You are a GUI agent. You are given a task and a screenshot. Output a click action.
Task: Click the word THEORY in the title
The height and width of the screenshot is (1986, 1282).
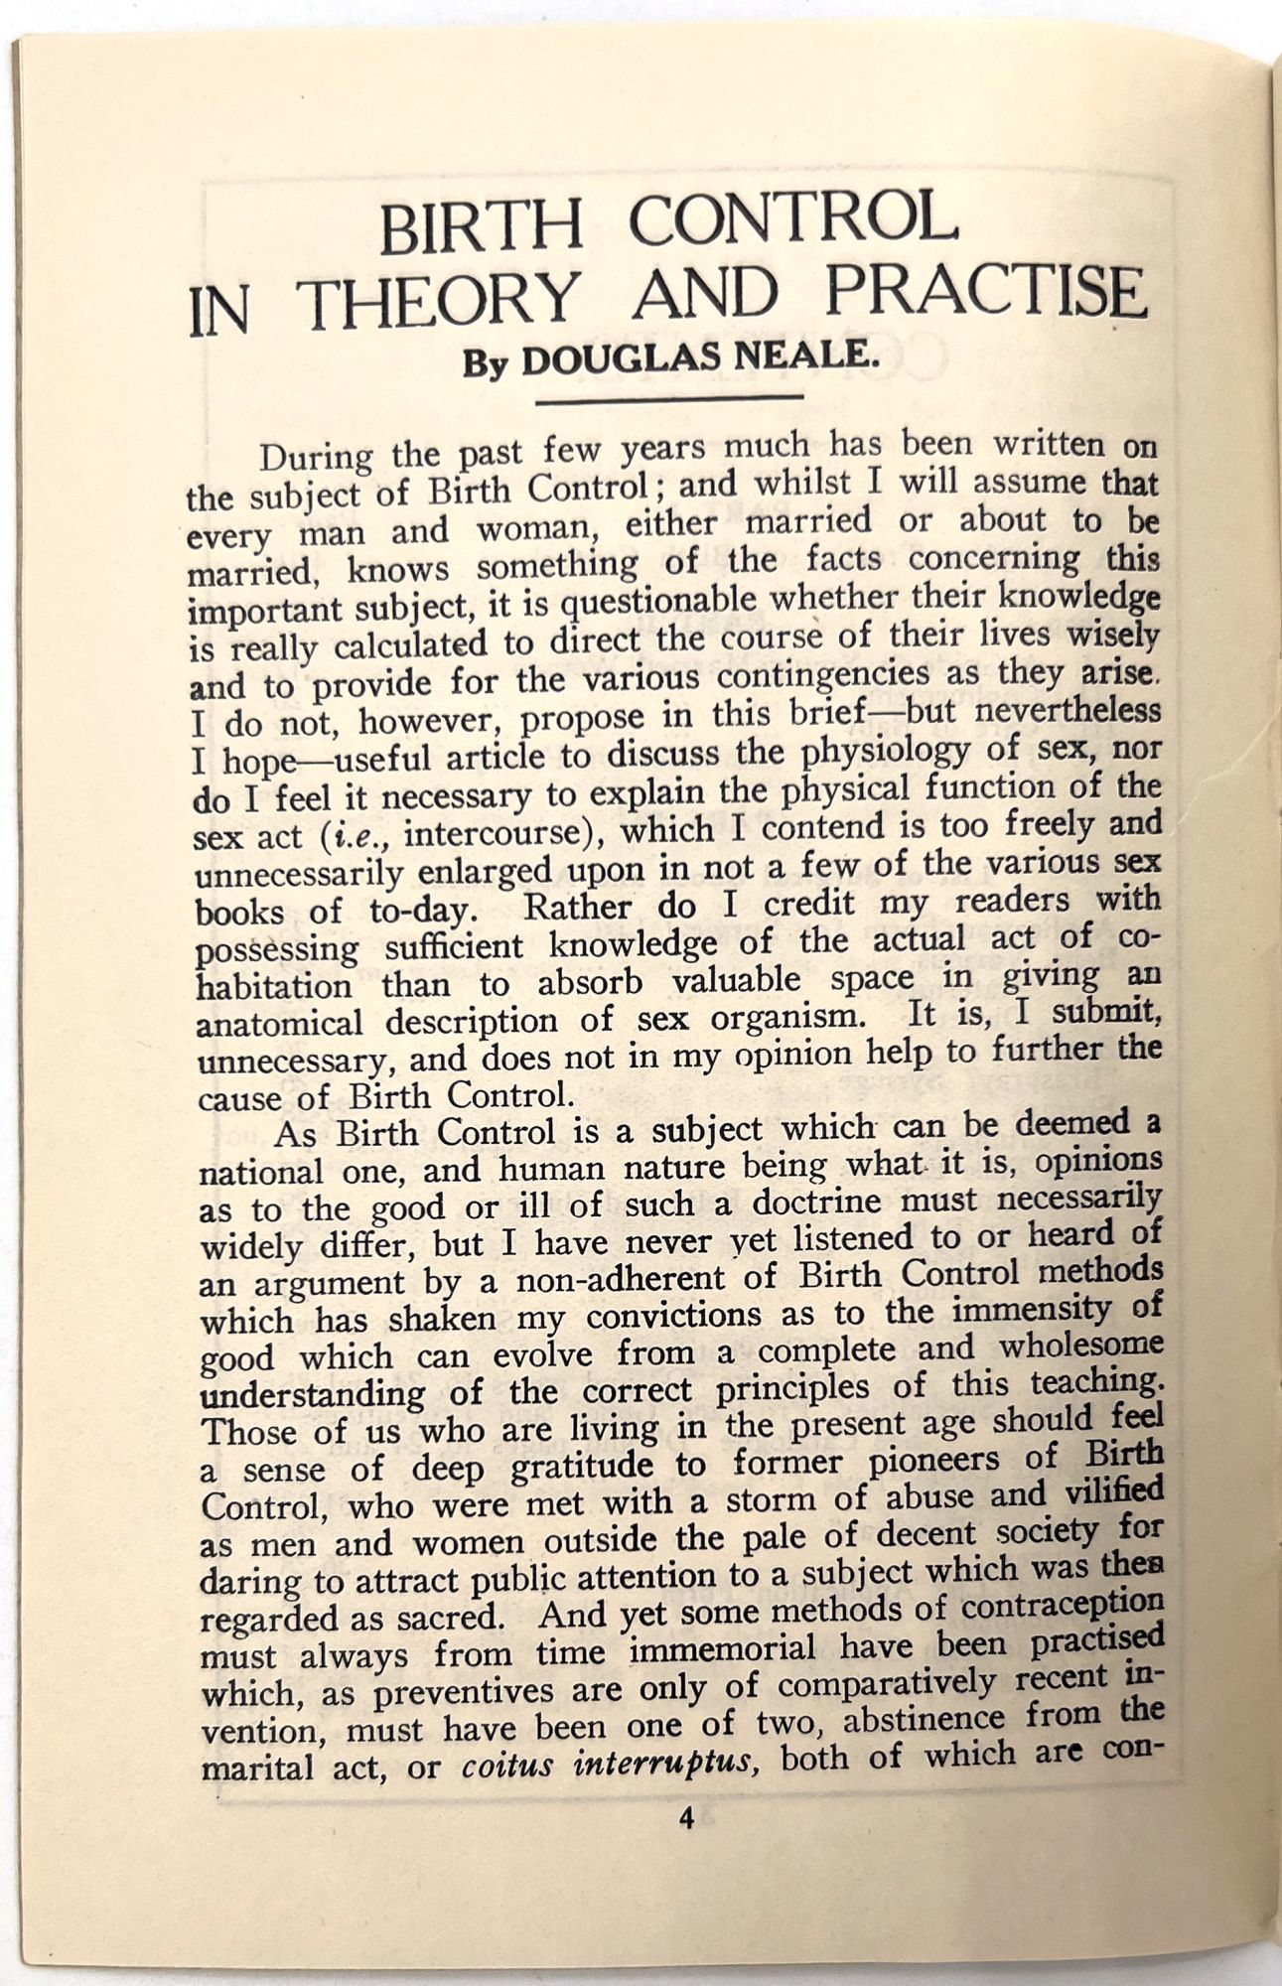(441, 301)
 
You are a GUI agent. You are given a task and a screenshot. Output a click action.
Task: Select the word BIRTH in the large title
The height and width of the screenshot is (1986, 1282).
(481, 227)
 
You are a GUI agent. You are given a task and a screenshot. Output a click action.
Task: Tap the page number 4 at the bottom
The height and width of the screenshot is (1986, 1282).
(685, 1819)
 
